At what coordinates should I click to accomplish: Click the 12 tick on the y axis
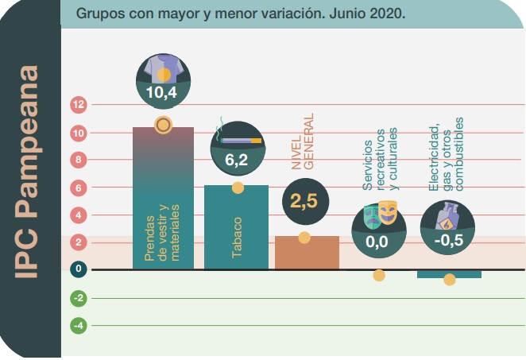point(79,104)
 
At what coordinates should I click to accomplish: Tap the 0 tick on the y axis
point(79,269)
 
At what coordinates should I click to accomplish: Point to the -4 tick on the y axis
point(79,326)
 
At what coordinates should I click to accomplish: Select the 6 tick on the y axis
point(79,188)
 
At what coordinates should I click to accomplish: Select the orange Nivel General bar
point(307,253)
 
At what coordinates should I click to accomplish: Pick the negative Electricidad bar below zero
point(449,274)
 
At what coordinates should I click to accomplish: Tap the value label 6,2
point(237,161)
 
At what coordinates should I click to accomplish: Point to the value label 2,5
point(304,201)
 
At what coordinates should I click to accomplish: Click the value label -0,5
point(450,242)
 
